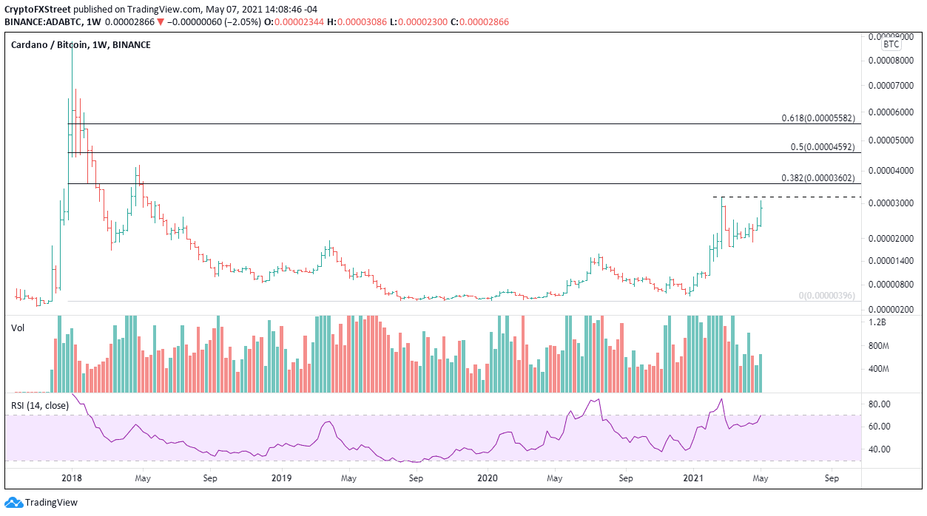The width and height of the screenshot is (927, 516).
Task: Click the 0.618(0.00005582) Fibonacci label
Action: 818,118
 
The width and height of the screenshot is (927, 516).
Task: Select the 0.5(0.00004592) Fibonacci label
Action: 822,147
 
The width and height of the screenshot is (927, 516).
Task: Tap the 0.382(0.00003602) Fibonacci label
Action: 818,178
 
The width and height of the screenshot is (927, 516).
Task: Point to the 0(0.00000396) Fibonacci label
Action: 826,296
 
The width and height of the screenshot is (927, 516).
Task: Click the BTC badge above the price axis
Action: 890,44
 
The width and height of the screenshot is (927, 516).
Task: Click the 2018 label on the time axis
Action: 72,478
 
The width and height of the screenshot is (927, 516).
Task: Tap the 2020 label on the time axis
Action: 488,478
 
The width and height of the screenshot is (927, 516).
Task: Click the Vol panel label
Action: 18,327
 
